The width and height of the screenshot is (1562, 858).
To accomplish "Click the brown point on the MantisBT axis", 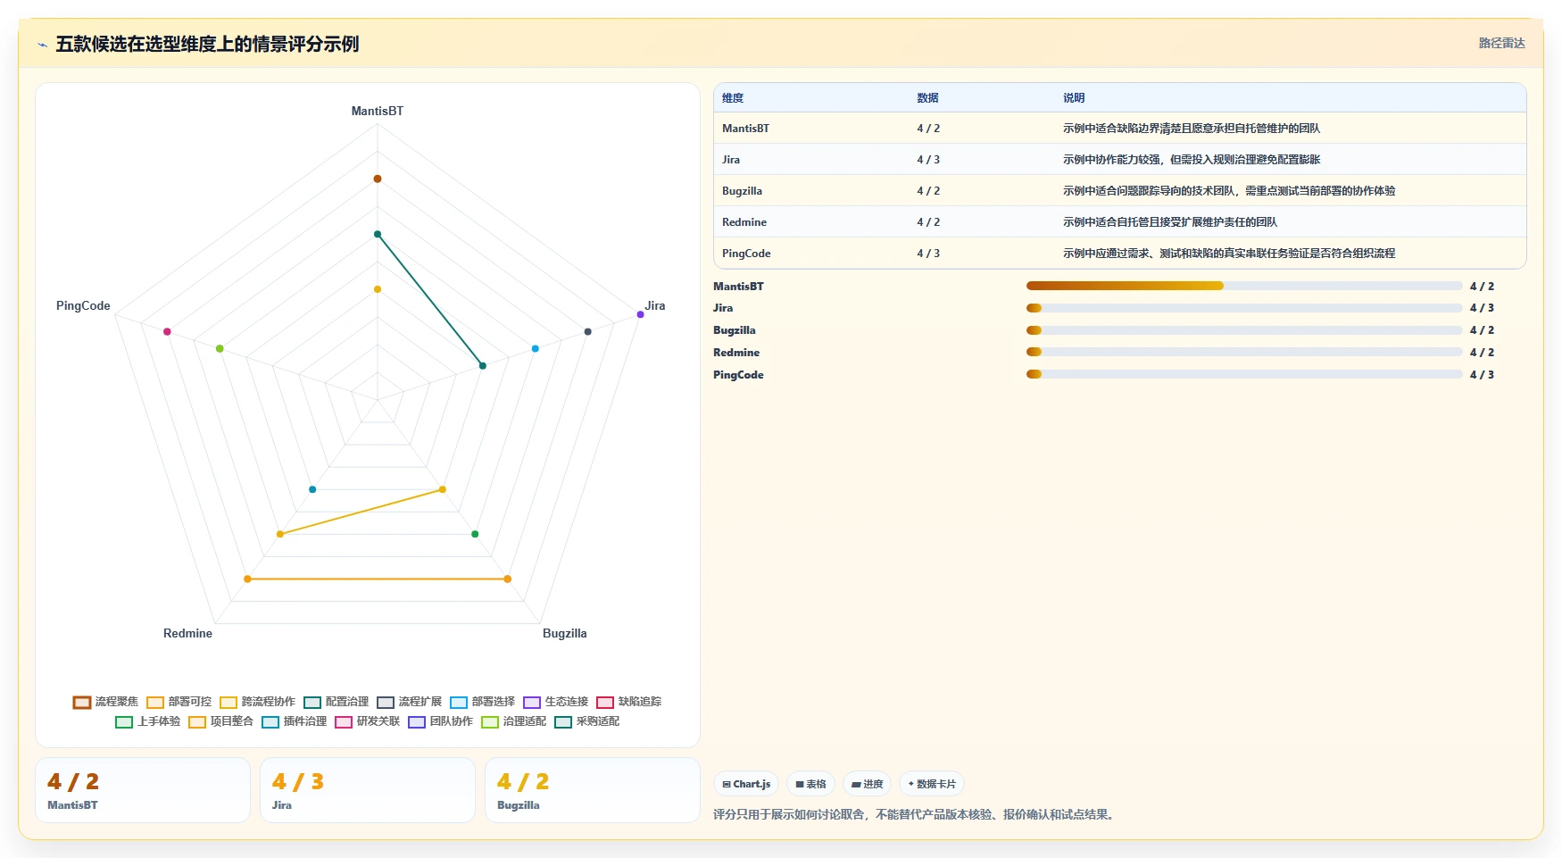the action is coord(378,179).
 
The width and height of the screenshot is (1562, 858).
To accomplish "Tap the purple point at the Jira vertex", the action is coord(640,314).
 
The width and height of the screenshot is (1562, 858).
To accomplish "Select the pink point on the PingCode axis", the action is coord(167,331).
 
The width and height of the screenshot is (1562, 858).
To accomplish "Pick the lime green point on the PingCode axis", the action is coord(220,348).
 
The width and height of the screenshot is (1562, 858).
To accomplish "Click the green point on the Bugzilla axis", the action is coord(475,534).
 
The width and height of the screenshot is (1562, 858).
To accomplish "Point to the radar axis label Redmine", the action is coord(187,633).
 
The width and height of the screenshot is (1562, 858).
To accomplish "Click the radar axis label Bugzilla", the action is coord(565,633).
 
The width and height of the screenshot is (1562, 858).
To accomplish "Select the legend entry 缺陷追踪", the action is coord(629,702).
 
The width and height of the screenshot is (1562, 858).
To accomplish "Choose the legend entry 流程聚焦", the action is coord(106,702).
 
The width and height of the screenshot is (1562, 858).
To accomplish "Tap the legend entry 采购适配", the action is coord(587,721).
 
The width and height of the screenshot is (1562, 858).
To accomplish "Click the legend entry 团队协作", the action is coord(441,721).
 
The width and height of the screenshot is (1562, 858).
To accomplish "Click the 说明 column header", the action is coord(1074,98).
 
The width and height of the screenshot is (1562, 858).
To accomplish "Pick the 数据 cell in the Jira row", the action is coord(928,160).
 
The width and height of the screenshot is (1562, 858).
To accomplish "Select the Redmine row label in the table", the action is coord(744,222).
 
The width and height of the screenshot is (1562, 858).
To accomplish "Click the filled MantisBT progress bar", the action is coord(1125,286).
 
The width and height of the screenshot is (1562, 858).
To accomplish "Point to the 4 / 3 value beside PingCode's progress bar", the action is coord(1482,375).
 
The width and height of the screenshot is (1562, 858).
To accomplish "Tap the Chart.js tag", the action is coord(746,784).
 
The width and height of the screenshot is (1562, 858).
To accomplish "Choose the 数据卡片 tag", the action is coord(932,784).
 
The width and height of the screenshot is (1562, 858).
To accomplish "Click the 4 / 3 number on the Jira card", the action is coord(298,782).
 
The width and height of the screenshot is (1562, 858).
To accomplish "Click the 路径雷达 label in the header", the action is coord(1502,43).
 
